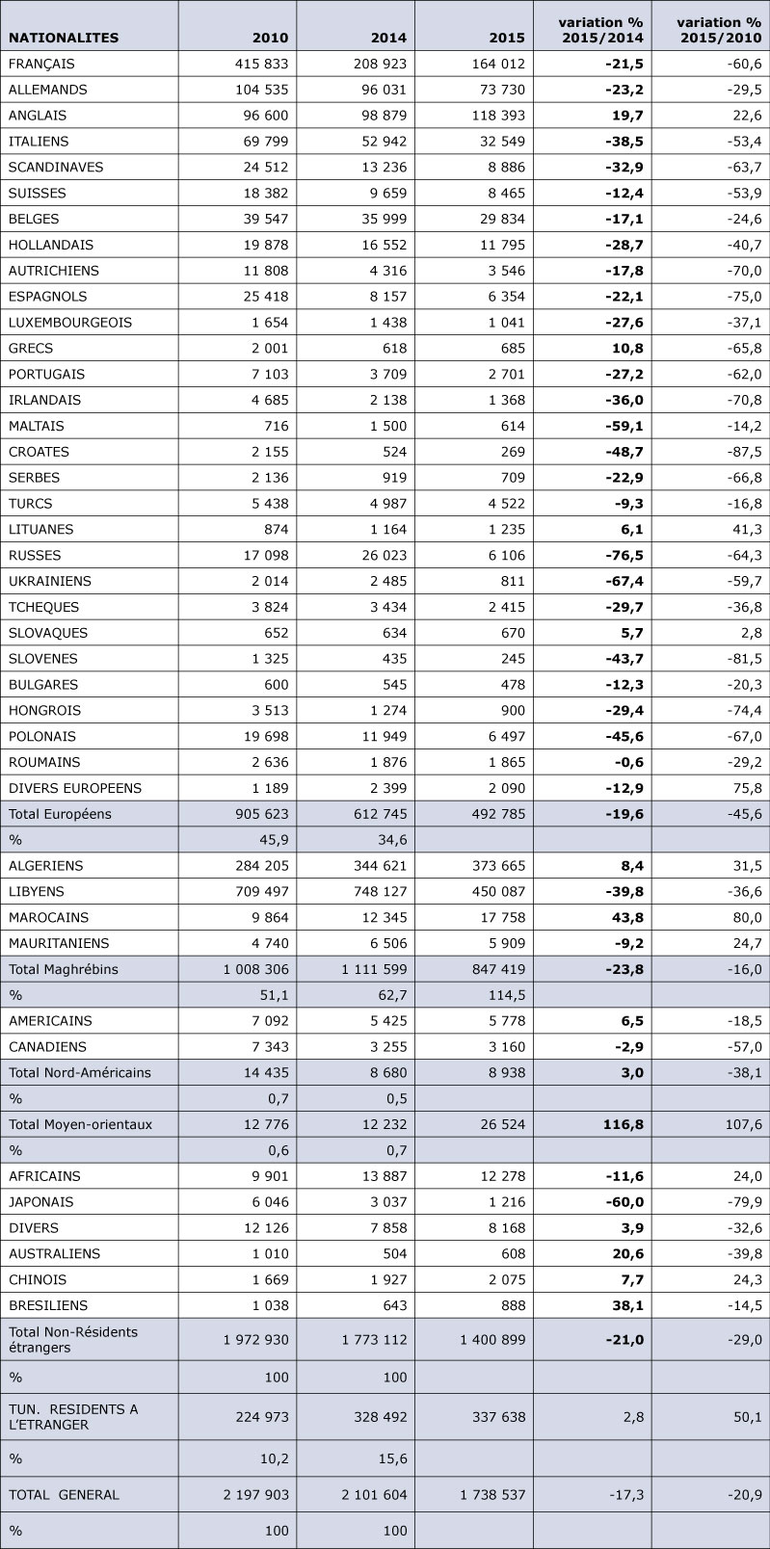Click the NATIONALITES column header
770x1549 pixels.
(x=64, y=38)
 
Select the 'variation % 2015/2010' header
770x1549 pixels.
(x=720, y=30)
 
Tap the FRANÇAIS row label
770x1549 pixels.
(x=41, y=65)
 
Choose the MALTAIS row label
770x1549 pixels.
(x=36, y=426)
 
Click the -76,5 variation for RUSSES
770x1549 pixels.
(x=624, y=555)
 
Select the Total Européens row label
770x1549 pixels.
(x=60, y=814)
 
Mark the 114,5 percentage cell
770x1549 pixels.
(x=507, y=995)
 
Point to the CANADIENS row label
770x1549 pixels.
(x=47, y=1047)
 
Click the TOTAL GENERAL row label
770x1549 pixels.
(x=64, y=1494)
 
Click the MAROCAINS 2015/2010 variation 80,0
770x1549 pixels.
(x=748, y=918)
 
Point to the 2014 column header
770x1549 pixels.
(x=388, y=38)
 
